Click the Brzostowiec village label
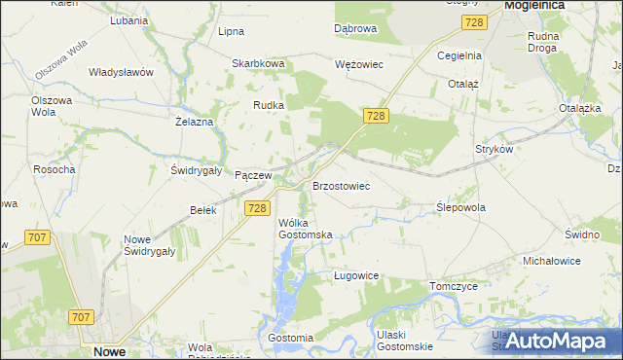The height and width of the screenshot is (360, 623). (x=341, y=185)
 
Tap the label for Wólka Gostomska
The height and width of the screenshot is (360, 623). (x=306, y=229)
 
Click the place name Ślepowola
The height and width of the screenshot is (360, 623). (x=460, y=207)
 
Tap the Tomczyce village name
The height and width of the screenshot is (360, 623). (x=453, y=286)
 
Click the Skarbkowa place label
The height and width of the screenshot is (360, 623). (x=257, y=63)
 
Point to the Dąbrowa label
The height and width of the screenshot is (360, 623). (x=355, y=29)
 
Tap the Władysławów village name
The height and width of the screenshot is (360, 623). (x=122, y=72)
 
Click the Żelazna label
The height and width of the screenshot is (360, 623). (x=194, y=122)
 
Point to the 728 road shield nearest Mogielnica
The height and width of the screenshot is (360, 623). (x=474, y=22)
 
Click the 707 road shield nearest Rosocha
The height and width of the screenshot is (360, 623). (x=39, y=237)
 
